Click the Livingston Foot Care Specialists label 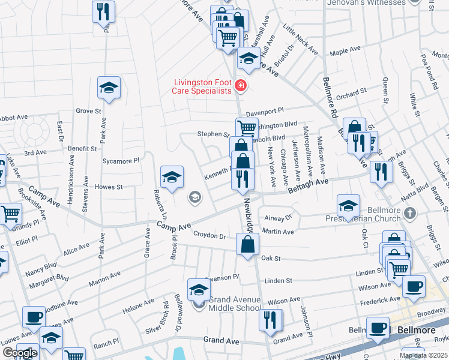202,86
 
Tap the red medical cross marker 241,86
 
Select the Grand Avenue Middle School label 235,304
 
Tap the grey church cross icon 409,213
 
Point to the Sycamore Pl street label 121,161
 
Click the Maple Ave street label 345,51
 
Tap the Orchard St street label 351,94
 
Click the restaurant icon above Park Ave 103,11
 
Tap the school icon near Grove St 109,88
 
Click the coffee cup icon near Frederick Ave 413,287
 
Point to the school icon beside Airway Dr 348,206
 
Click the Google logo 20,353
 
